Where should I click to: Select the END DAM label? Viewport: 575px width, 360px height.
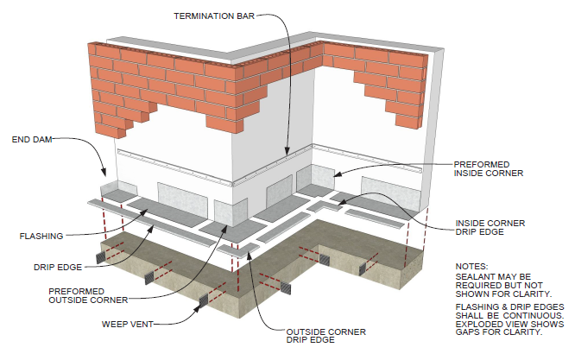click(x=32, y=138)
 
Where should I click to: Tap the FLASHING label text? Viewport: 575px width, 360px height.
click(x=41, y=235)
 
